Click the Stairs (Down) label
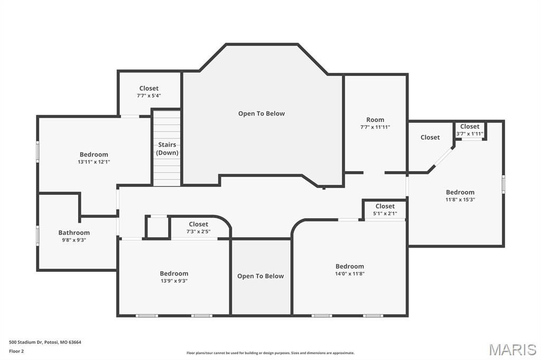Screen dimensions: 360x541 pos(167,149)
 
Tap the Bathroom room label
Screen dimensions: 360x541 pos(74,232)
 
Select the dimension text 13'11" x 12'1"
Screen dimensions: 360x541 pos(94,162)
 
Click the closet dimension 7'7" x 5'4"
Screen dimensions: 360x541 pos(149,96)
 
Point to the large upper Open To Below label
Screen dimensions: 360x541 pos(261,113)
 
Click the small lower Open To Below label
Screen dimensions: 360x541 pos(260,276)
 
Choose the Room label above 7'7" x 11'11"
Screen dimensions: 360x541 pos(375,120)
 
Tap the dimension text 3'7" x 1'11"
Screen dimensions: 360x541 pos(470,134)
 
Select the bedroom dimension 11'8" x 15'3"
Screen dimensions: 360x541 pos(460,200)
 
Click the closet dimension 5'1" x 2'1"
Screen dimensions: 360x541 pos(385,213)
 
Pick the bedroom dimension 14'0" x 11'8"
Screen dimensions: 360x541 pos(350,273)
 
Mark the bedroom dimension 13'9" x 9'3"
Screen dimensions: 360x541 pos(174,281)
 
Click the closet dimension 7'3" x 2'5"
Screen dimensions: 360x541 pos(198,232)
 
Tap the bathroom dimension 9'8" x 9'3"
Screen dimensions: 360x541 pos(74,240)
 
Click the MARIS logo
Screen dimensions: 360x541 pos(512,349)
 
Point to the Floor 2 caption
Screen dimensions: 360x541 pos(16,351)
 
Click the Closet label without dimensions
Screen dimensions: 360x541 pos(430,137)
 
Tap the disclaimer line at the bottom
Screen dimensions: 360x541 pos(270,353)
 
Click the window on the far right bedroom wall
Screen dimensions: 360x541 pos(503,184)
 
